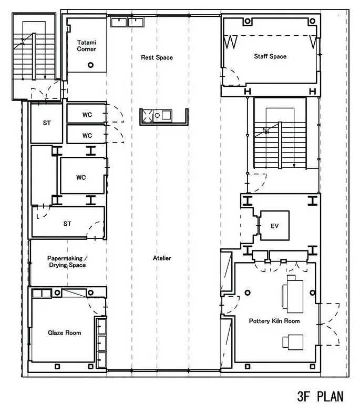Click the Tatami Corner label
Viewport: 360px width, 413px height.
87,46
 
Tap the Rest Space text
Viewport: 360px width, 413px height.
157,57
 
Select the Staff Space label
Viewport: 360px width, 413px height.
270,56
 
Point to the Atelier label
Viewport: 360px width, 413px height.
162,258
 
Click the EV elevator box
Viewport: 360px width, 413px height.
275,226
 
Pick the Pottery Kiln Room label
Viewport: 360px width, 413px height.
274,321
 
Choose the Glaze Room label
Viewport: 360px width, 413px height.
65,333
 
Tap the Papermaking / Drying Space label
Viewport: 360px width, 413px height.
67,261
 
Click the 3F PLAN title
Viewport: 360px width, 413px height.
320,396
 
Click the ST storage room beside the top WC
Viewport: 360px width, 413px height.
47,123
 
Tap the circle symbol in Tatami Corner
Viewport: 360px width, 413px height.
90,65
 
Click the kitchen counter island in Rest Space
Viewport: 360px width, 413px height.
163,116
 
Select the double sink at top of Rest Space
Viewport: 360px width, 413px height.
127,22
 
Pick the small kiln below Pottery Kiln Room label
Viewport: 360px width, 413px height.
293,342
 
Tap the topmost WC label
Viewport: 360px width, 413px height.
87,115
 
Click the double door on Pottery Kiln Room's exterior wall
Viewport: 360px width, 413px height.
328,324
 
